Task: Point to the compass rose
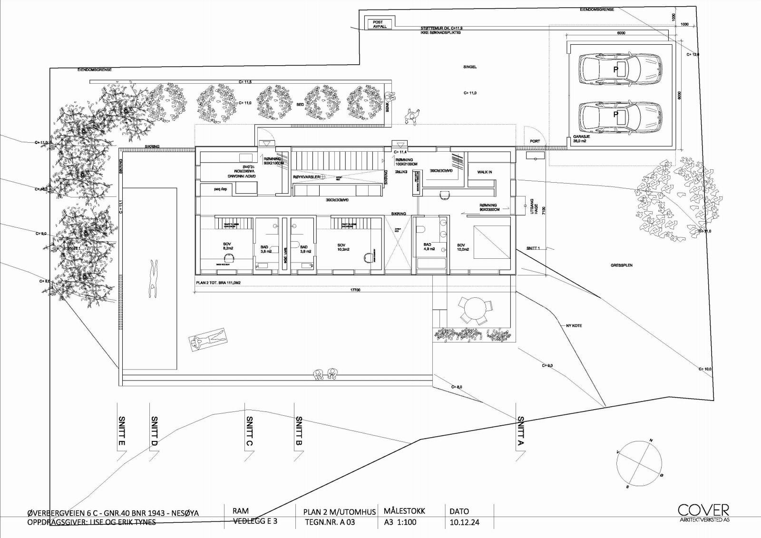pos(639,463)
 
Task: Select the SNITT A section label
pos(521,431)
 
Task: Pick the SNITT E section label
pos(121,431)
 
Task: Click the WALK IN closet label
pos(484,172)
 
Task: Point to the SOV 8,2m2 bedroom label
pos(227,246)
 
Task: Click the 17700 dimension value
pos(355,290)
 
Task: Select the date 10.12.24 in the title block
pos(464,522)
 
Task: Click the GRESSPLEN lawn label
pos(622,265)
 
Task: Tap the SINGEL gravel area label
pos(470,67)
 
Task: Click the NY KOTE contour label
pos(574,326)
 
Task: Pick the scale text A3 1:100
pos(400,522)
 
